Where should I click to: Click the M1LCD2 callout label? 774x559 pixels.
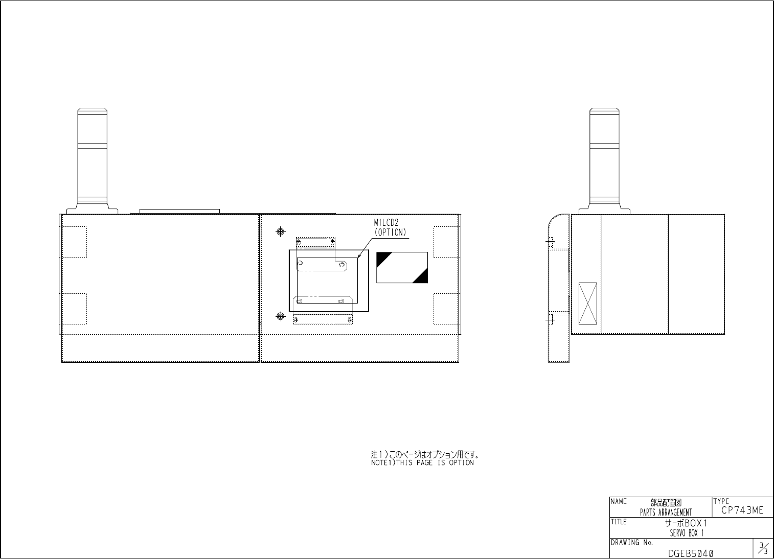[386, 223]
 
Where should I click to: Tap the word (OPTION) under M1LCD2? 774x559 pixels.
[390, 232]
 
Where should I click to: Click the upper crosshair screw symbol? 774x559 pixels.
[281, 231]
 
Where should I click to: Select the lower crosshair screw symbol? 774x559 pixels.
[281, 316]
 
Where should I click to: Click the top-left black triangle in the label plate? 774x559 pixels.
[381, 257]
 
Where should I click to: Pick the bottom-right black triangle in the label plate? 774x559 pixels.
[423, 278]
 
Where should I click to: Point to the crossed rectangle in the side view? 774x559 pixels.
[588, 304]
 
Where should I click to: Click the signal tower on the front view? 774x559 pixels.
[92, 161]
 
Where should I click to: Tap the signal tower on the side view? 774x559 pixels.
[604, 161]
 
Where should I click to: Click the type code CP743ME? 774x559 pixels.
[742, 510]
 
